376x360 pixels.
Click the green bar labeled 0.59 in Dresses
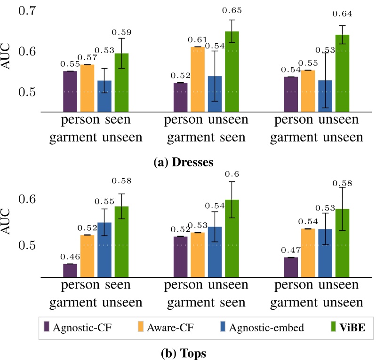[x=122, y=82]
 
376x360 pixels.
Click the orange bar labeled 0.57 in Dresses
[x=88, y=88]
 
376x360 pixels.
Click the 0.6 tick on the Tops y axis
[x=28, y=199]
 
